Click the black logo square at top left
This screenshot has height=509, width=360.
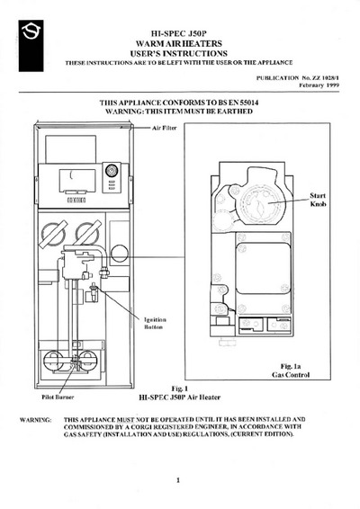click(31, 46)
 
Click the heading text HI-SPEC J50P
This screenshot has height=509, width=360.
click(179, 34)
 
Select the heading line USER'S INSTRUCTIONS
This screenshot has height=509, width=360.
click(179, 53)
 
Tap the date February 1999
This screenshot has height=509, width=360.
click(319, 85)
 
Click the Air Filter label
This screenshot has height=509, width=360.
click(165, 128)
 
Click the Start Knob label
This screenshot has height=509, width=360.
click(318, 200)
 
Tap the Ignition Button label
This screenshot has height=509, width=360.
click(155, 324)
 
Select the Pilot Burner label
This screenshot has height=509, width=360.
click(58, 397)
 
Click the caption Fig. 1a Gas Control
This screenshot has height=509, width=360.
click(291, 371)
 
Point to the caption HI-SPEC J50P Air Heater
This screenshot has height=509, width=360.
click(180, 397)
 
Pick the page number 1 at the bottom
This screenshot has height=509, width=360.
click(178, 480)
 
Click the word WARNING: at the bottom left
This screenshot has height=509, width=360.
click(35, 420)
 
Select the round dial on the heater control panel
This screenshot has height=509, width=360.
click(112, 170)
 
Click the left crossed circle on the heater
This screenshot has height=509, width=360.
click(53, 234)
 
